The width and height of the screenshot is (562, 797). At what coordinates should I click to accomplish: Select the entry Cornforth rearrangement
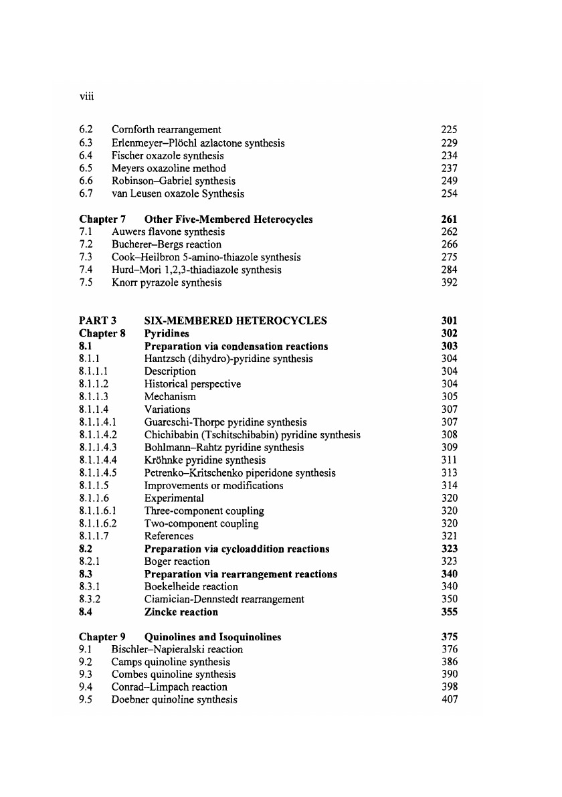click(167, 130)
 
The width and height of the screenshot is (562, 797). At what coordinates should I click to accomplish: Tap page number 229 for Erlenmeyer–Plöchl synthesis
click(449, 143)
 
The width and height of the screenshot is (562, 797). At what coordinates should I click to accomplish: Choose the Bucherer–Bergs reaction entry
click(167, 245)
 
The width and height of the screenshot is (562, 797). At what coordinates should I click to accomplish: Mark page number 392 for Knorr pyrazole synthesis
click(449, 283)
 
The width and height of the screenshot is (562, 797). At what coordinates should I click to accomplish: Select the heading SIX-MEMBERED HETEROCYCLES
click(236, 321)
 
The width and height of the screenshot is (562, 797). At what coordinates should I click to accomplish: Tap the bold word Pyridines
click(167, 333)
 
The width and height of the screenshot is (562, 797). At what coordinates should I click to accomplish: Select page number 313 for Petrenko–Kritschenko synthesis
click(449, 473)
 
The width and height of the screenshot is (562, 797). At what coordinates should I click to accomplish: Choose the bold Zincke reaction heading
click(181, 612)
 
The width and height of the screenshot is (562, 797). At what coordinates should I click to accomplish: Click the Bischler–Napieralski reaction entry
click(177, 650)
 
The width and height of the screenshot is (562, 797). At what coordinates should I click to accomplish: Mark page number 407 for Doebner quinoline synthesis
click(449, 701)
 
